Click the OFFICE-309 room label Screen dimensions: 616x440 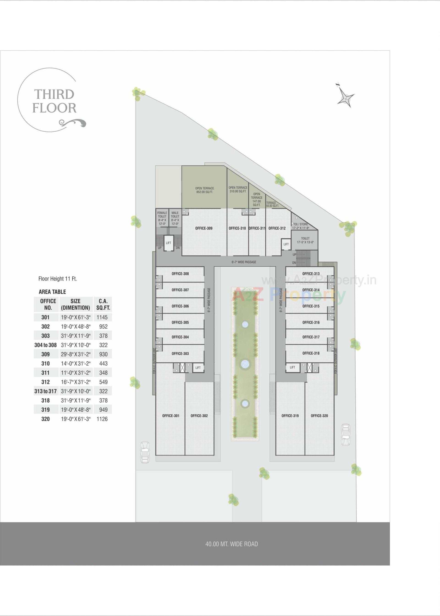pyautogui.click(x=204, y=228)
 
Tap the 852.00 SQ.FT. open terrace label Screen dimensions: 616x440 pyautogui.click(x=205, y=190)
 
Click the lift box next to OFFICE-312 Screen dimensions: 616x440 pyautogui.click(x=286, y=244)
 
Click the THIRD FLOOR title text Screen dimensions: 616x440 pyautogui.click(x=54, y=101)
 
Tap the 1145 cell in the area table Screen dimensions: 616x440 pyautogui.click(x=102, y=317)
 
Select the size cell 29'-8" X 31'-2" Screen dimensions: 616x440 pyautogui.click(x=76, y=354)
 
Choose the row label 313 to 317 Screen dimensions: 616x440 pyautogui.click(x=46, y=391)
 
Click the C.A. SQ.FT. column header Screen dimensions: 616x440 pyautogui.click(x=103, y=304)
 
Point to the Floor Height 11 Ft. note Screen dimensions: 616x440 pyautogui.click(x=58, y=279)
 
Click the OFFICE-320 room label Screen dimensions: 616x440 pyautogui.click(x=319, y=416)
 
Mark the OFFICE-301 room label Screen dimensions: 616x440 pyautogui.click(x=171, y=416)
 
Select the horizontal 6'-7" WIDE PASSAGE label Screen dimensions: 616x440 pyautogui.click(x=244, y=262)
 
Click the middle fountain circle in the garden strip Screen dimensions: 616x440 pyautogui.click(x=245, y=363)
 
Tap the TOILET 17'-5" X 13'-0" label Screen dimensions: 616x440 pyautogui.click(x=305, y=240)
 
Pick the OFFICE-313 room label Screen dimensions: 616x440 pyautogui.click(x=311, y=274)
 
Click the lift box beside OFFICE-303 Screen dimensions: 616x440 pyautogui.click(x=198, y=367)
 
